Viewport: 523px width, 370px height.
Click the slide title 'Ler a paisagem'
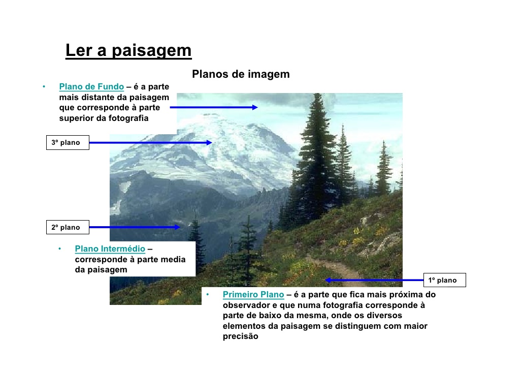tap(128, 51)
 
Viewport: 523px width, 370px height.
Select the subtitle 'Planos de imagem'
tap(241, 75)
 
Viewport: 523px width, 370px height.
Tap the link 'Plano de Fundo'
tap(91, 87)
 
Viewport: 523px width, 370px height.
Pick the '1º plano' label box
tap(444, 280)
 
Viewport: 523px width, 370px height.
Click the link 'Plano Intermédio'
tap(110, 249)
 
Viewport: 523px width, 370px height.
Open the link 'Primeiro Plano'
tap(253, 295)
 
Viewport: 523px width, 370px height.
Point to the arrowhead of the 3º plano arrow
tap(209, 143)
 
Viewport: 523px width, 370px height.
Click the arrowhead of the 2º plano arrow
tap(177, 227)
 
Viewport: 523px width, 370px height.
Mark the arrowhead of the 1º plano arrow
tap(329, 280)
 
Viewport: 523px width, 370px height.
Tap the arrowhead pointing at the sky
tap(255, 107)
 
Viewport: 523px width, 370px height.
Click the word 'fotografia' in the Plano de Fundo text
tap(128, 118)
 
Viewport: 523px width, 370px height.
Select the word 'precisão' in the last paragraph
tap(241, 336)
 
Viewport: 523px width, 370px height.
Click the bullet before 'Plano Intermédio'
tap(59, 249)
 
